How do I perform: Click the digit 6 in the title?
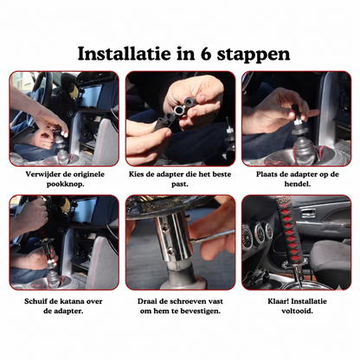tap(206, 54)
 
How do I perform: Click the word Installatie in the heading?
tap(124, 54)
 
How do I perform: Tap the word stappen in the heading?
tap(254, 55)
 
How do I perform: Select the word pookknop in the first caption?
tap(66, 184)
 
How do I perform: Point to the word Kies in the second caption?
tap(136, 174)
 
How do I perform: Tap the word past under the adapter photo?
tap(180, 184)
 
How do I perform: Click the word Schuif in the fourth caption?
tap(35, 301)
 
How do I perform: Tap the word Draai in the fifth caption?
tap(147, 301)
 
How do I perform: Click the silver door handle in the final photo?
tap(308, 213)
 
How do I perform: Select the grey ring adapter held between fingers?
tap(178, 110)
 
